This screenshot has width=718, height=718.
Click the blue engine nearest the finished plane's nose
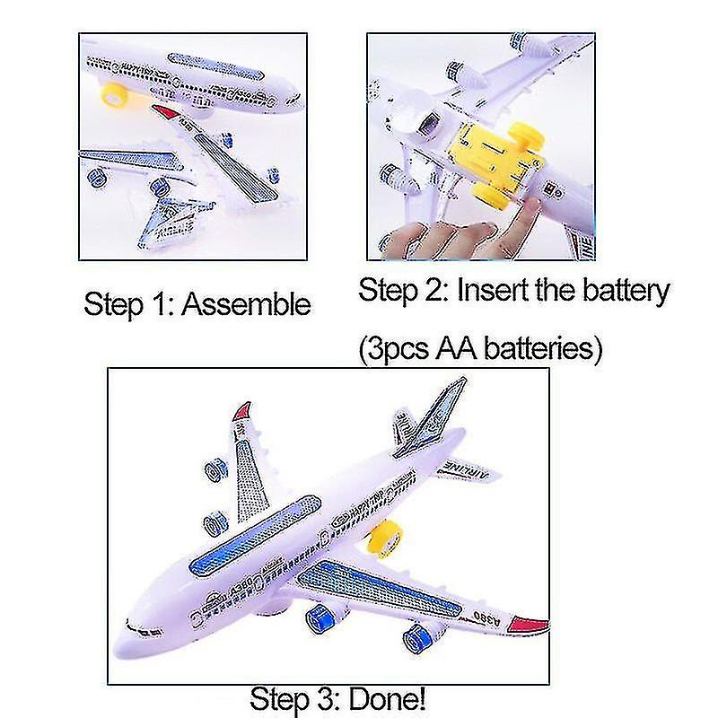pos(324,620)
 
